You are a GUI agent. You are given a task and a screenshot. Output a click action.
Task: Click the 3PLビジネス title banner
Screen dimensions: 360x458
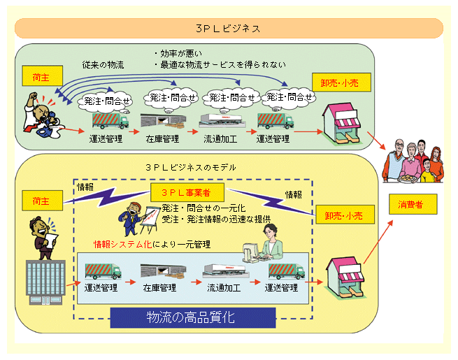tap(229, 29)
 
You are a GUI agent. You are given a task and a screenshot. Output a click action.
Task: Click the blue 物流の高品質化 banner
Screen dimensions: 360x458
tap(190, 317)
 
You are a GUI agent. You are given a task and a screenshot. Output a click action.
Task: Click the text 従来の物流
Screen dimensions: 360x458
tap(103, 65)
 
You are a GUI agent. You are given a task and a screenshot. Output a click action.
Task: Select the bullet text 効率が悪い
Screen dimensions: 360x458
tap(178, 53)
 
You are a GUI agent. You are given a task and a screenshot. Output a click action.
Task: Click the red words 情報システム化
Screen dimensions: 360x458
tap(122, 244)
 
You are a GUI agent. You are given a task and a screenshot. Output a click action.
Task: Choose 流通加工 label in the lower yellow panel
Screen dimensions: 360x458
tap(224, 287)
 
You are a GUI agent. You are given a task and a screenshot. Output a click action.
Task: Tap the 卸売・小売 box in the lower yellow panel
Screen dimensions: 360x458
tap(338, 217)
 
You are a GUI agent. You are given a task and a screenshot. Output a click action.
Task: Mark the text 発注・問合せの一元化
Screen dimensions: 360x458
tap(203, 208)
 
